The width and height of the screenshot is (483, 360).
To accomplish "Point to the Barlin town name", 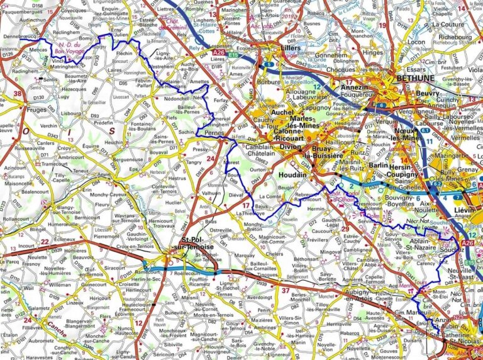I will pos(379,165).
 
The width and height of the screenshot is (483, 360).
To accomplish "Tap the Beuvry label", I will pos(428,93).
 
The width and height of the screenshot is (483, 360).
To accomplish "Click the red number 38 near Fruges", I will pos(18,94).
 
